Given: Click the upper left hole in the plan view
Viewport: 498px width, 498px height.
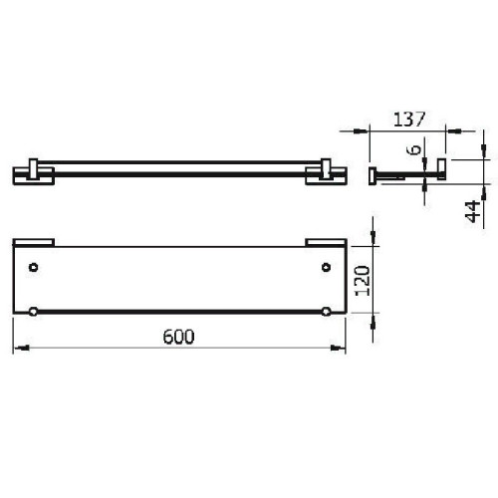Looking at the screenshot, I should point(34,268).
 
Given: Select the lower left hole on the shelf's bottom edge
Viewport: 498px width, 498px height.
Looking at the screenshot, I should point(34,313).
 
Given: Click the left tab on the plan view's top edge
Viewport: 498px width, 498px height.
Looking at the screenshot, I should point(34,241).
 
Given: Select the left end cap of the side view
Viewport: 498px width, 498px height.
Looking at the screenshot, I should point(373,175).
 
